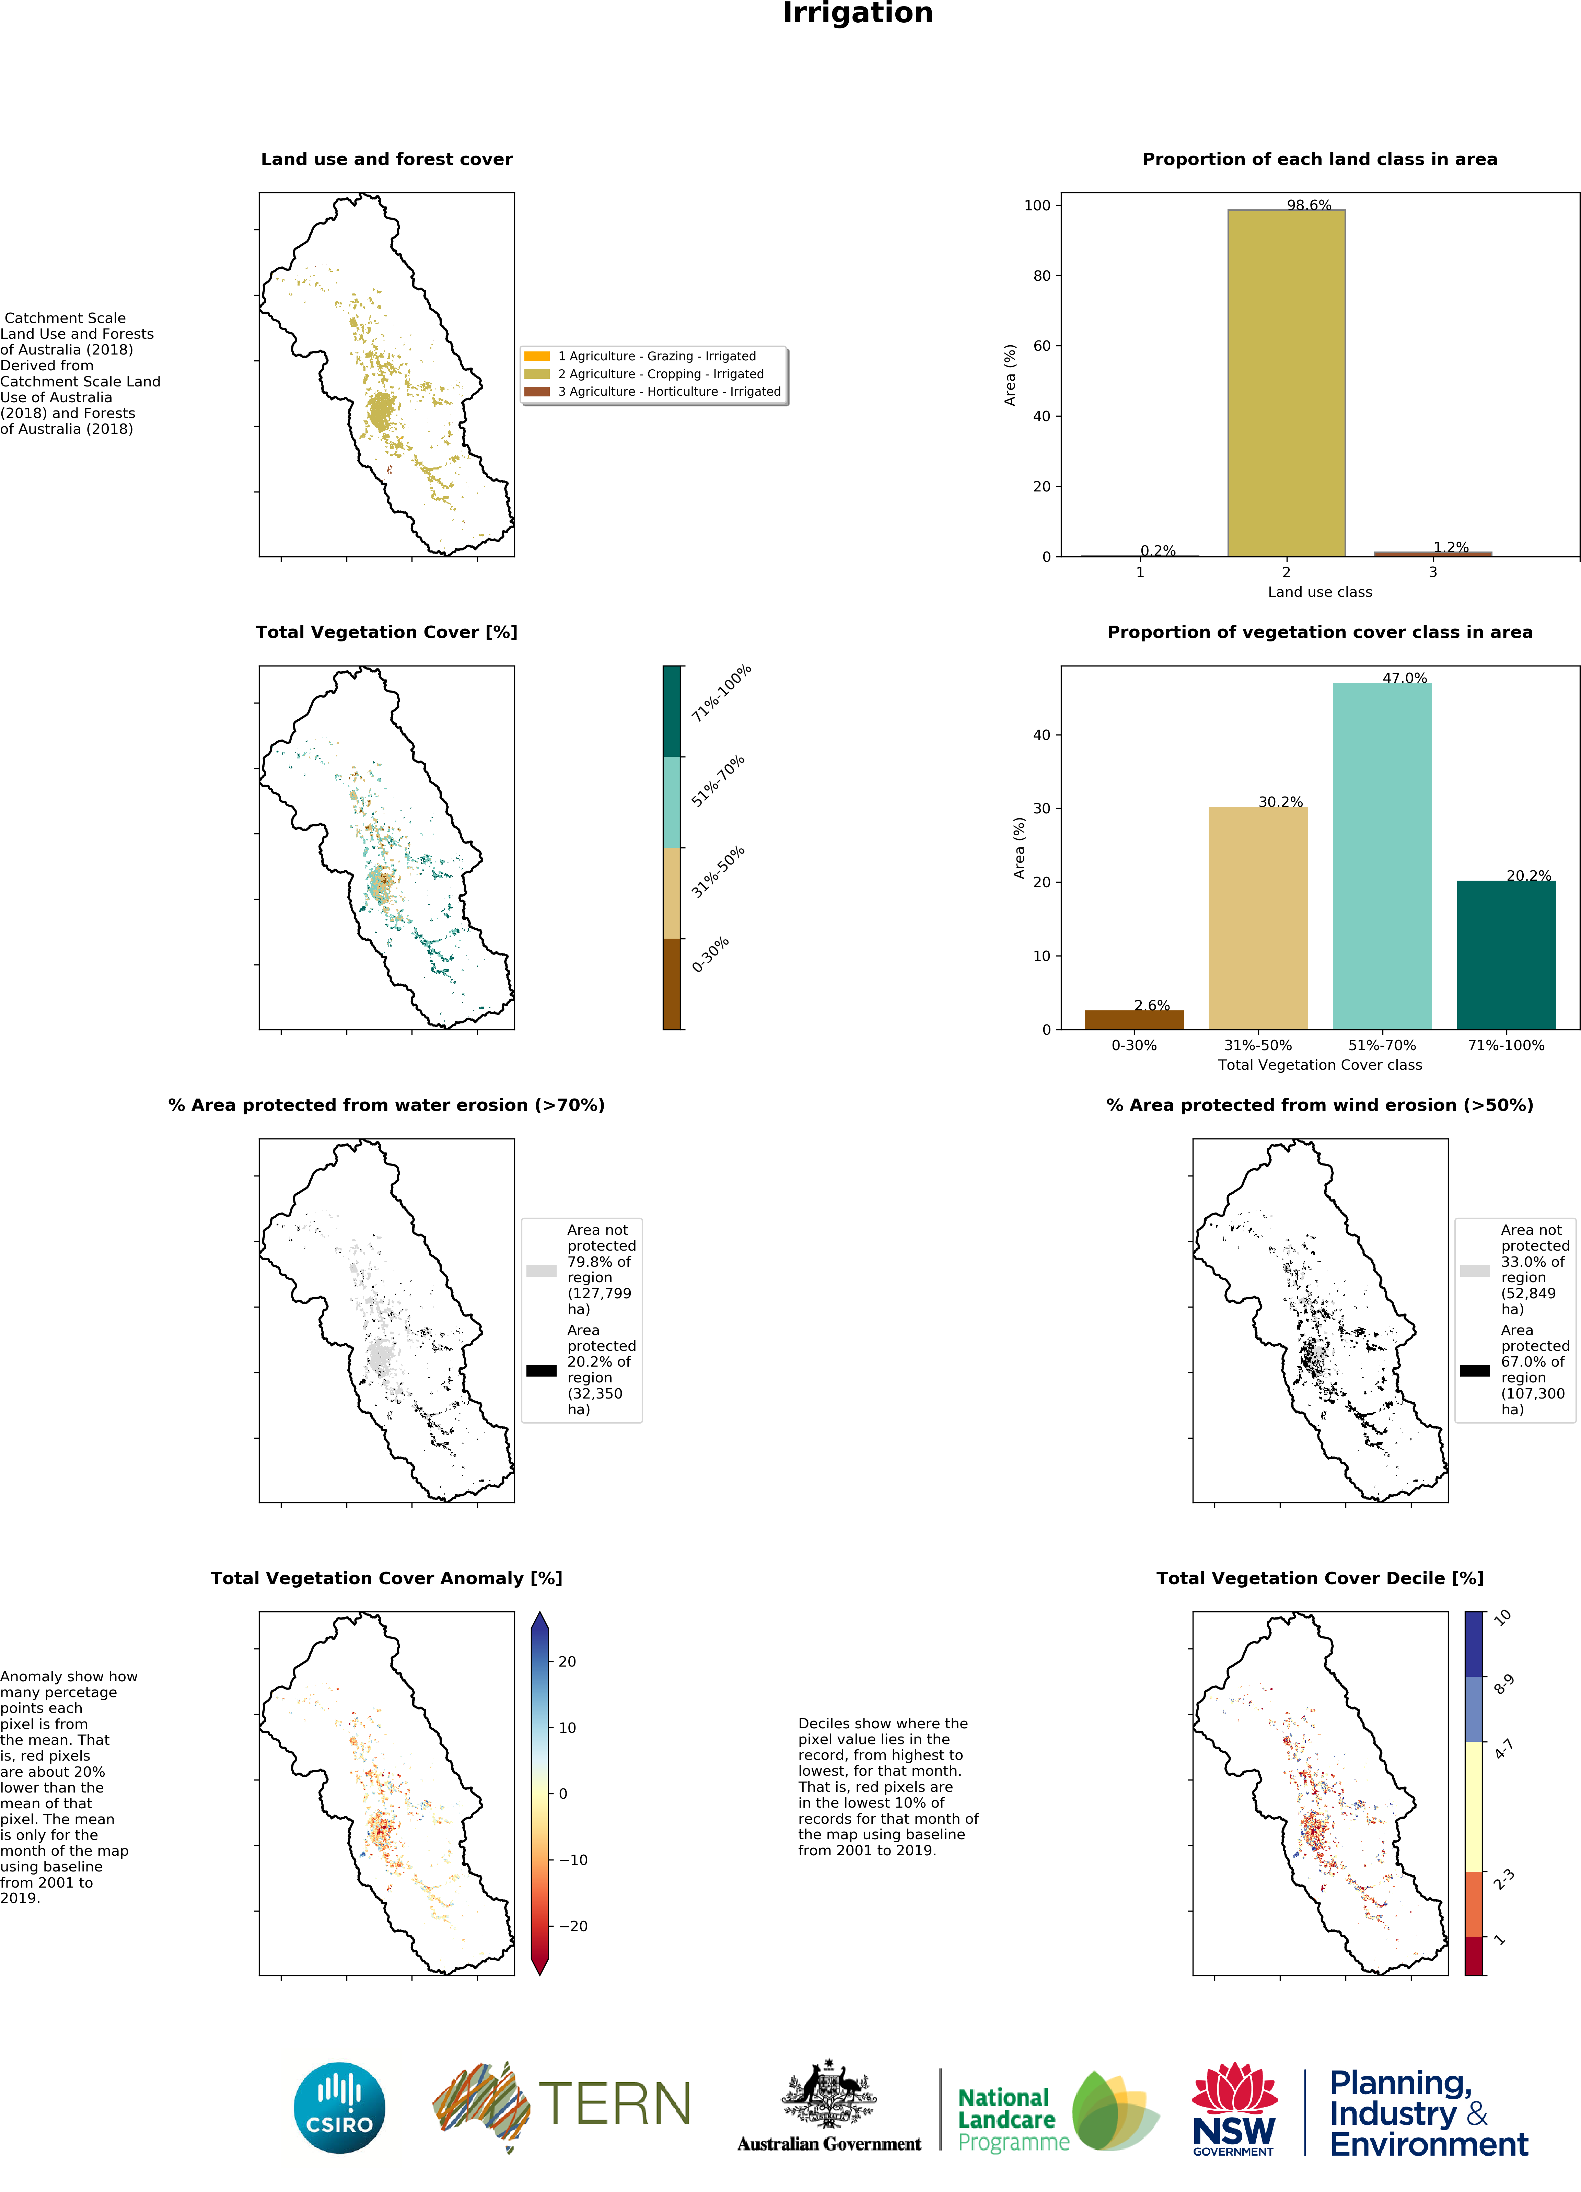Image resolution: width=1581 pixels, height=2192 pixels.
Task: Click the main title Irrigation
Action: [857, 13]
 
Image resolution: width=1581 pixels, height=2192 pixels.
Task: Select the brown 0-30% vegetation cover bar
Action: [1134, 1020]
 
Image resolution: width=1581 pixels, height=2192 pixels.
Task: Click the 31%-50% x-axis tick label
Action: [1257, 1045]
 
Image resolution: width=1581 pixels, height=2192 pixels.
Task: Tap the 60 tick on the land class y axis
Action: [1041, 346]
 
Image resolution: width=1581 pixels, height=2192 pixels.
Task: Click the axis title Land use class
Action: [1319, 591]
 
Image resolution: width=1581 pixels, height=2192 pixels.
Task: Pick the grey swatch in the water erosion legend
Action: [541, 1271]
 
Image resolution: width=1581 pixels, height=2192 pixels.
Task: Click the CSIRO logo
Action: [339, 2107]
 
